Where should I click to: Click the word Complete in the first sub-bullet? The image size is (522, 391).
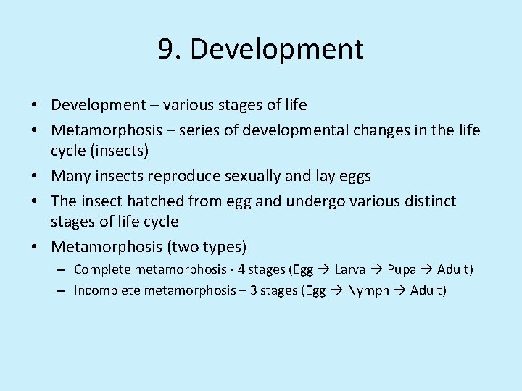point(101,269)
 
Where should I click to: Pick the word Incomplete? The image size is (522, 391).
point(107,291)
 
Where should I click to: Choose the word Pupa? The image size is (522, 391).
point(402,269)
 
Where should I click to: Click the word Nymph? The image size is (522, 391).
point(368,291)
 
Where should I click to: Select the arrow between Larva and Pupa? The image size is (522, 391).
point(376,269)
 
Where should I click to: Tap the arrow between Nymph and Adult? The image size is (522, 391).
point(399,291)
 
